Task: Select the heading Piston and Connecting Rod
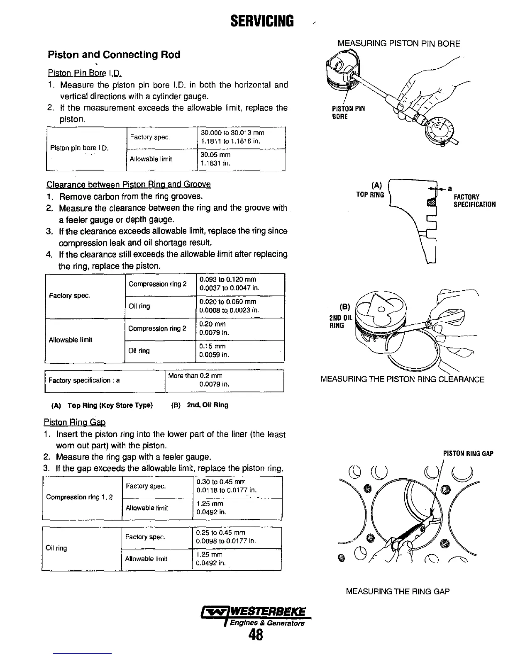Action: [x=114, y=55]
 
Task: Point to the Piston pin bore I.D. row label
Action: [x=79, y=148]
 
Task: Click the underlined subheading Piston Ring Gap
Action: [x=75, y=422]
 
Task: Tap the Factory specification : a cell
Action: [x=84, y=380]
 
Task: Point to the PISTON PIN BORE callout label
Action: [x=348, y=112]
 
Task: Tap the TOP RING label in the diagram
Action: [x=370, y=195]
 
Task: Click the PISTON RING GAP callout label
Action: [x=468, y=454]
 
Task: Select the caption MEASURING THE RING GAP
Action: [x=398, y=591]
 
